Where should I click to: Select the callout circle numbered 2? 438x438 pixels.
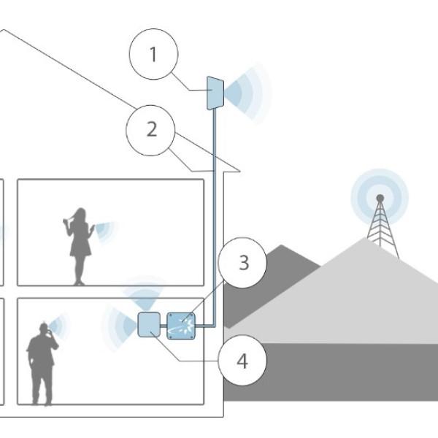click(151, 130)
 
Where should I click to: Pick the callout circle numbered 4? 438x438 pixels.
click(242, 360)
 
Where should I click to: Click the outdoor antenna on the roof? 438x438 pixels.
click(215, 93)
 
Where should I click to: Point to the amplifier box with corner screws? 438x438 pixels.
click(180, 325)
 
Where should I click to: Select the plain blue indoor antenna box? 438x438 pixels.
click(149, 324)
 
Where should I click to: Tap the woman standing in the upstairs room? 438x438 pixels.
click(79, 245)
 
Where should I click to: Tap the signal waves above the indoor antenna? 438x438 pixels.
click(145, 296)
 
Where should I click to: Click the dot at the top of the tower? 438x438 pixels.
click(380, 198)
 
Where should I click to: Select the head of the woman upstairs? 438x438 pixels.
click(79, 215)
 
